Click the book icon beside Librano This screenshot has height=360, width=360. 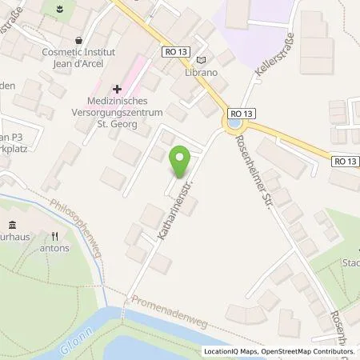point(200,59)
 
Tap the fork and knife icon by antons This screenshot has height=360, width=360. point(55,236)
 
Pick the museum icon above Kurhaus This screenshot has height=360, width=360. point(11,226)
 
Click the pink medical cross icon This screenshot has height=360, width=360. point(117,89)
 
